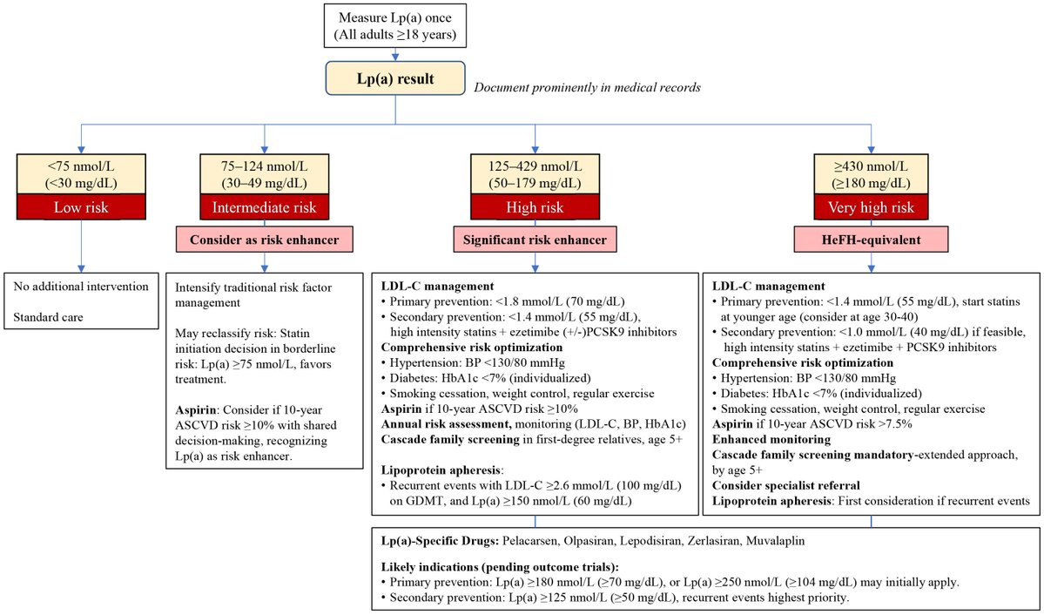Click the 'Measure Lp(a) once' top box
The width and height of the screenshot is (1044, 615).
click(396, 25)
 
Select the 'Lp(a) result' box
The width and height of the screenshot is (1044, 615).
click(396, 78)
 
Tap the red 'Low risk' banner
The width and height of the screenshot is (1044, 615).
click(80, 208)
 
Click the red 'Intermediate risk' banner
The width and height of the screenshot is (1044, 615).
click(264, 208)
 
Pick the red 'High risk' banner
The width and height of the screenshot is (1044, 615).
click(535, 208)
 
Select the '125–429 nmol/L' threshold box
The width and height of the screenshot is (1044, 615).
click(535, 174)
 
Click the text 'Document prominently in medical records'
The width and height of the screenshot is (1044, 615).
click(585, 88)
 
